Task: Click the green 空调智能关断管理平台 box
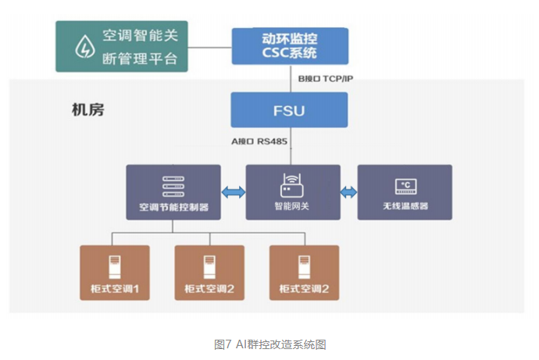click(122, 46)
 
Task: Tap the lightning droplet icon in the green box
click(85, 46)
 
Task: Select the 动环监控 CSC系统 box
click(290, 46)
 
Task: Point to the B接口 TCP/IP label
click(325, 79)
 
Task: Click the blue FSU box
click(289, 110)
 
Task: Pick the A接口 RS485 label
click(259, 141)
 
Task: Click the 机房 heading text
click(87, 110)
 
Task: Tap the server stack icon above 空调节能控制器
click(173, 187)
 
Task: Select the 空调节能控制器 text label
click(173, 207)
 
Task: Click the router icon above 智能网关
click(292, 186)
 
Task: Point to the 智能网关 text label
click(292, 206)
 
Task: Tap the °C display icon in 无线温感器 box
click(405, 187)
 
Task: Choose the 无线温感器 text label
click(405, 206)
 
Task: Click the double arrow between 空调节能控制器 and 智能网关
click(234, 192)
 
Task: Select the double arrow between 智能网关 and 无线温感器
click(348, 192)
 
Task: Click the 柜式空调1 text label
click(115, 289)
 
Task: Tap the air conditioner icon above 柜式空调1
click(115, 267)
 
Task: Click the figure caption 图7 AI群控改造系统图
click(269, 344)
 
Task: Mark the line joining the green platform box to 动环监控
click(209, 48)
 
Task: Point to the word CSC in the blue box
click(275, 53)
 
